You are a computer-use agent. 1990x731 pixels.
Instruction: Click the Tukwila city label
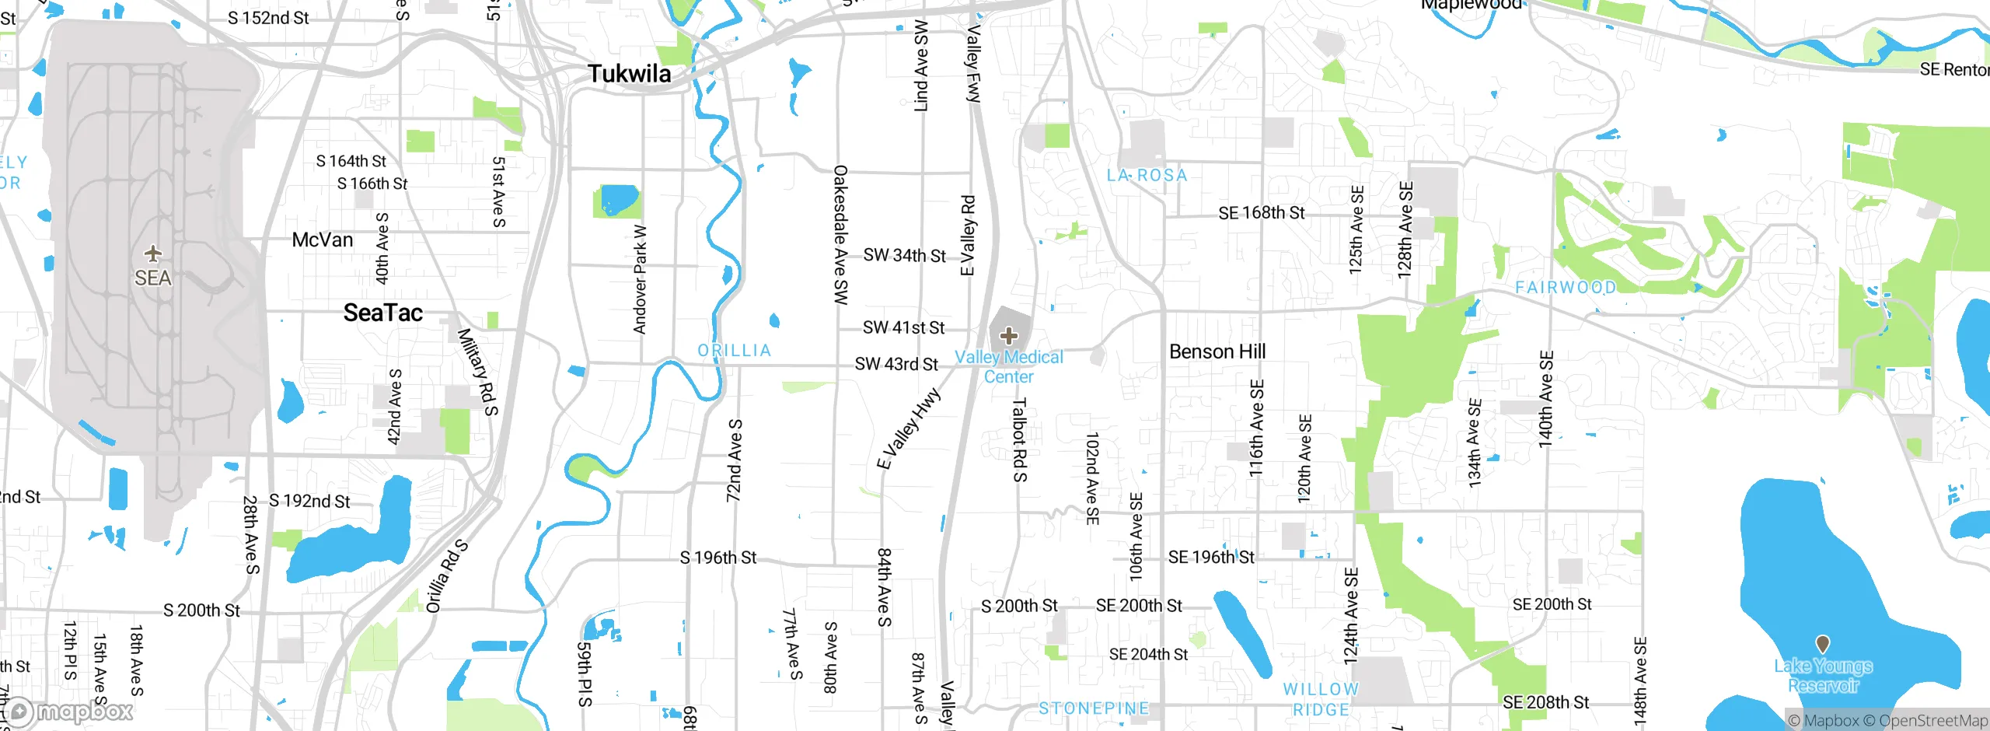pos(629,74)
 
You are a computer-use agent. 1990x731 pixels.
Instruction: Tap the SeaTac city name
pos(383,313)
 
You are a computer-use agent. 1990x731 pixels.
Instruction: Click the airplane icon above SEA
pos(153,254)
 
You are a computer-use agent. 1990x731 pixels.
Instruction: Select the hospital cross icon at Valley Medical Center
pos(1009,336)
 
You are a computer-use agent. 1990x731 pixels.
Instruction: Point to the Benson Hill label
pos(1217,352)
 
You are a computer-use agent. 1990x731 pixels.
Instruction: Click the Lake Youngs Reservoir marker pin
pos(1822,644)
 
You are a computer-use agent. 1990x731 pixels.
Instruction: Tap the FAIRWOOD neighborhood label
pos(1566,288)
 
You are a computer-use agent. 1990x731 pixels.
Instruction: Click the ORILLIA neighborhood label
pos(734,351)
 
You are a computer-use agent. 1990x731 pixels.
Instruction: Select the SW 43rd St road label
pos(896,364)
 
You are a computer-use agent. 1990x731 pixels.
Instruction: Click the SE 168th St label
pos(1261,212)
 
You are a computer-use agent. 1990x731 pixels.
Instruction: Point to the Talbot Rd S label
pos(1020,440)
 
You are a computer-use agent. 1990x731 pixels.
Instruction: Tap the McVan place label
pos(322,240)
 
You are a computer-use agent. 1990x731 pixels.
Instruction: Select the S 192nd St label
pos(309,501)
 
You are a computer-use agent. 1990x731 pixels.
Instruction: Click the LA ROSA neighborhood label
pos(1147,176)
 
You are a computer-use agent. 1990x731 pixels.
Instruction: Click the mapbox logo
pos(70,711)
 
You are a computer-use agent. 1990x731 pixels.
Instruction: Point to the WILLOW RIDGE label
pos(1320,699)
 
